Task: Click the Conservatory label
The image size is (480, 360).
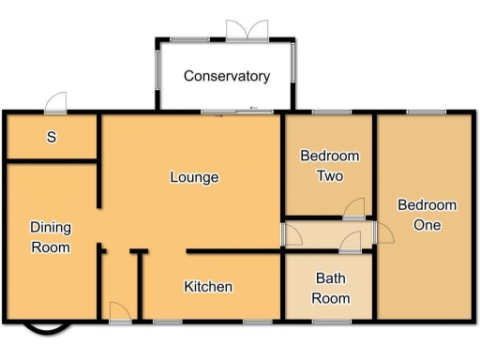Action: coord(226,76)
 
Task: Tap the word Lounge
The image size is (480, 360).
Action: coord(194,177)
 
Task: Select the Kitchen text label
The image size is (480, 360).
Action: coord(208,287)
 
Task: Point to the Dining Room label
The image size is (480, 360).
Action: coord(51,237)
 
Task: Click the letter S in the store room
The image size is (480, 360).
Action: coord(52,138)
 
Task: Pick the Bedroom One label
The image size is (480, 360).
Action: coord(427,216)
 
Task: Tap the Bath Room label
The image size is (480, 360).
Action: coord(331,289)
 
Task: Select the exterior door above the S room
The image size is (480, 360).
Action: coord(57,102)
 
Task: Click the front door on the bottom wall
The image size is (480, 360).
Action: coord(120,313)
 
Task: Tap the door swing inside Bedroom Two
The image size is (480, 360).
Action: coord(353,210)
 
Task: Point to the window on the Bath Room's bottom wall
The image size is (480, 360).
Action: coord(330,322)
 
